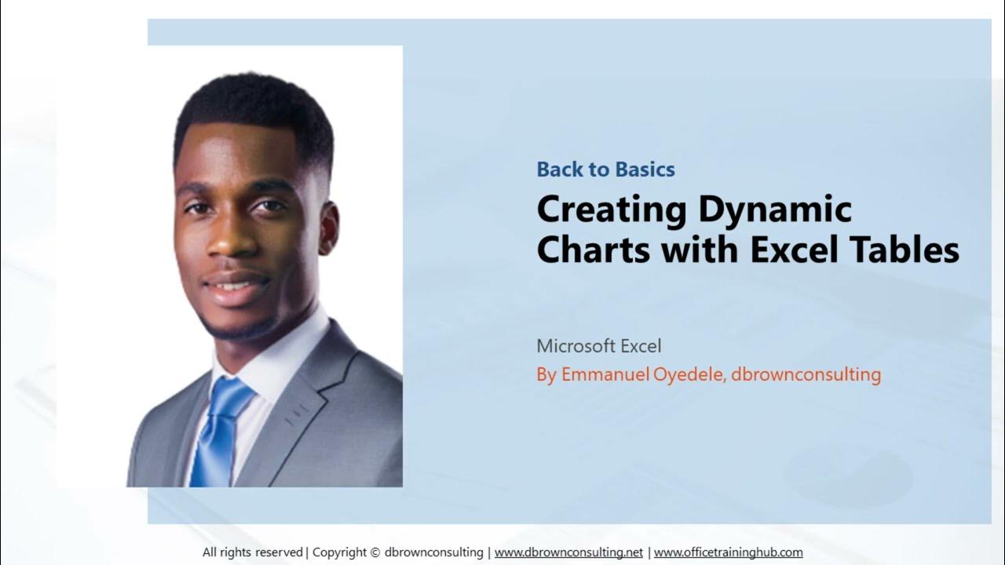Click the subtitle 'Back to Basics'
point(605,169)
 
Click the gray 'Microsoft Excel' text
point(599,345)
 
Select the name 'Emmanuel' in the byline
point(604,374)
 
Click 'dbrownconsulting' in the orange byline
point(806,374)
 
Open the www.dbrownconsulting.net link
point(568,552)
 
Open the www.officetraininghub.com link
point(728,552)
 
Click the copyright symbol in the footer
point(375,552)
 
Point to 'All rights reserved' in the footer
point(252,552)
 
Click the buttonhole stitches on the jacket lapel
point(297,416)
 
